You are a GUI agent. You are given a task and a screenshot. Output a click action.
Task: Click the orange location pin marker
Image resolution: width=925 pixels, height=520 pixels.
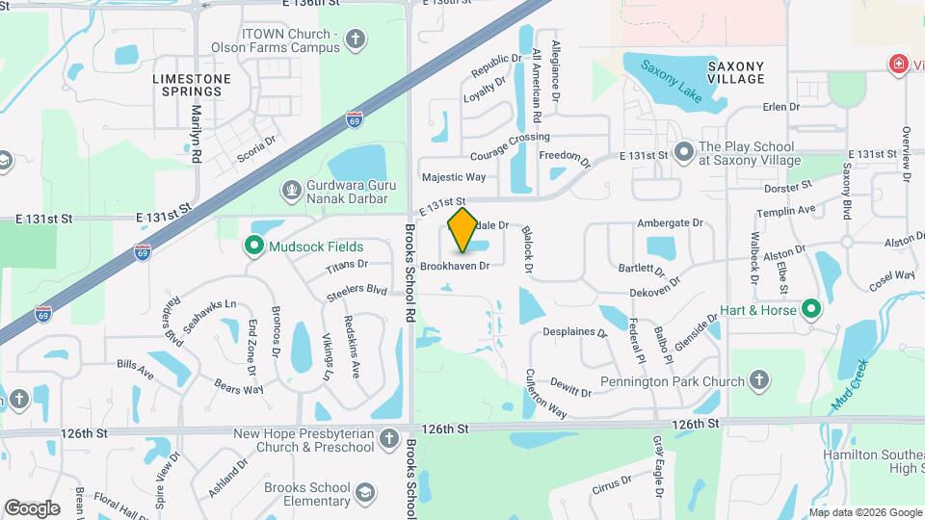[462, 230]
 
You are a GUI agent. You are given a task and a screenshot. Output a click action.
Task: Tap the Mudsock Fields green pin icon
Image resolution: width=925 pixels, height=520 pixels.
[254, 247]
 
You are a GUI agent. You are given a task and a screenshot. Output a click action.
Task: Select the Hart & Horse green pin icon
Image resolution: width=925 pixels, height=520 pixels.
[811, 310]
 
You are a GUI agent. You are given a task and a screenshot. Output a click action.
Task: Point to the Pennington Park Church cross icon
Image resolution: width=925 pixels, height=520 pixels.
[759, 381]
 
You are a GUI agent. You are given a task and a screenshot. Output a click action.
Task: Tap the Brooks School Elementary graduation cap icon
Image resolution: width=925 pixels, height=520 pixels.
[365, 494]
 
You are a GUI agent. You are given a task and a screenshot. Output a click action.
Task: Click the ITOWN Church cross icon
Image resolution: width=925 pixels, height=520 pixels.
[356, 39]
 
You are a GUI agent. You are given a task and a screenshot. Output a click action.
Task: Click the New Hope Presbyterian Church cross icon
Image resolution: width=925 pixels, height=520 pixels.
[388, 440]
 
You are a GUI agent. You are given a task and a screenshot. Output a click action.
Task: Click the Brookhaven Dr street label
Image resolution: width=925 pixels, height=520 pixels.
[456, 265]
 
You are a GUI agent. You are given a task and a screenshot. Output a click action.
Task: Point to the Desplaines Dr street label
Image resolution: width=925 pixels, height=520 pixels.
[574, 333]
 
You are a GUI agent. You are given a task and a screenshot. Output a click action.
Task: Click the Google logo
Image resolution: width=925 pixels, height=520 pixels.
[32, 507]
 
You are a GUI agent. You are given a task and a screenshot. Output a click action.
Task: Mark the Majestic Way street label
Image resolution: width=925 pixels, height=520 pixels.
[454, 177]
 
